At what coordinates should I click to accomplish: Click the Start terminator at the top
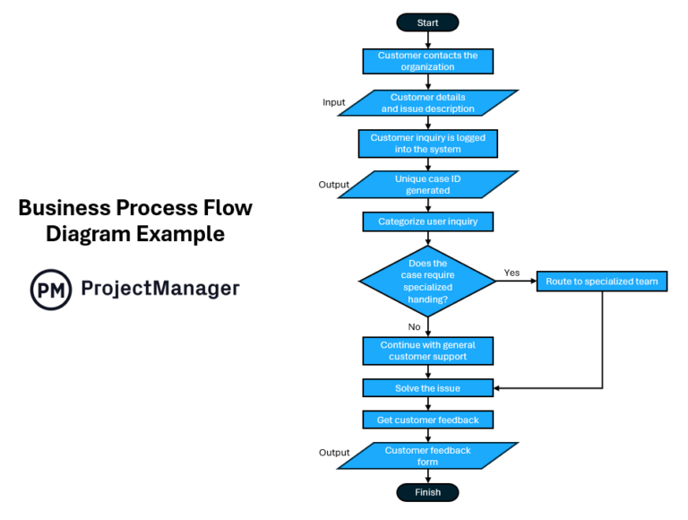(x=427, y=22)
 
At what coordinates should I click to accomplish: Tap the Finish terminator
(x=427, y=492)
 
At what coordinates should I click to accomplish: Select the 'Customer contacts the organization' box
(x=427, y=61)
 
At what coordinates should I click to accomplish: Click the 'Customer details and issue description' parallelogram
(x=427, y=103)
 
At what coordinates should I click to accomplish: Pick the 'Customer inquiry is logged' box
(x=427, y=143)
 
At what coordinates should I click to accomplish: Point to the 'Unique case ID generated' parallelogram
(x=427, y=185)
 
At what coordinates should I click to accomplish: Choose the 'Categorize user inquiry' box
(x=427, y=221)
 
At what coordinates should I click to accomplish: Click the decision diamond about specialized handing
(x=427, y=281)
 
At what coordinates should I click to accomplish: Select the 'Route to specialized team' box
(x=602, y=282)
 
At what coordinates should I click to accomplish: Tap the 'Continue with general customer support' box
(x=427, y=351)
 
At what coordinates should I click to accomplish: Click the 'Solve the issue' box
(x=427, y=388)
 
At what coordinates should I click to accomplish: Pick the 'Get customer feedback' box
(x=427, y=420)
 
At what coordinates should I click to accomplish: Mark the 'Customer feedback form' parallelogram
(x=427, y=455)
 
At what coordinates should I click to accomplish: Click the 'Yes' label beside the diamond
(x=512, y=273)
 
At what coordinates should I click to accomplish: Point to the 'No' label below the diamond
(x=414, y=327)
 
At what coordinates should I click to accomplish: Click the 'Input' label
(x=334, y=102)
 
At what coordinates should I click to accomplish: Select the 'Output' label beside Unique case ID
(x=334, y=185)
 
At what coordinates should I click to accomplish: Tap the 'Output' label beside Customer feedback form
(x=334, y=453)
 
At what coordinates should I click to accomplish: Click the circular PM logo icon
(x=51, y=290)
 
